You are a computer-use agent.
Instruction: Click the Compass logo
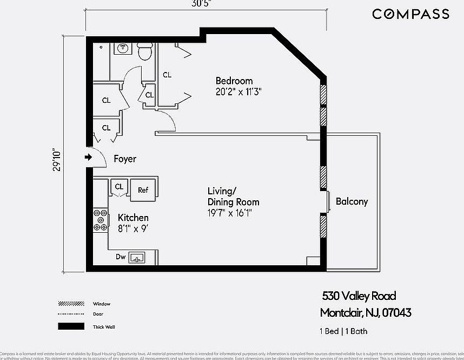tap(410, 14)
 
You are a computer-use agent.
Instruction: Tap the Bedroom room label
tap(234, 81)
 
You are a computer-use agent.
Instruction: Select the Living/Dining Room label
tap(226, 197)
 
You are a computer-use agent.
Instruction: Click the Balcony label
tap(352, 201)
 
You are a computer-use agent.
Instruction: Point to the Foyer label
tap(125, 159)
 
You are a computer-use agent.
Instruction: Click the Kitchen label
tap(133, 218)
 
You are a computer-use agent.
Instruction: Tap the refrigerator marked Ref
tap(143, 190)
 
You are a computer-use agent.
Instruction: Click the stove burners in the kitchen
tap(100, 220)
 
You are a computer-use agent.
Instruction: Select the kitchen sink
tap(137, 258)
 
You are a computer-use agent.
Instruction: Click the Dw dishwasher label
tap(121, 258)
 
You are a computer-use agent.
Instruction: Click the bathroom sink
tap(122, 49)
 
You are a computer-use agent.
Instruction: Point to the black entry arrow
tap(89, 158)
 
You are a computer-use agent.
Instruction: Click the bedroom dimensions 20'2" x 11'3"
tap(238, 92)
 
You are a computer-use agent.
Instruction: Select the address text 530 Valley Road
tap(359, 296)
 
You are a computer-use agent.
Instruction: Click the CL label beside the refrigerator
tap(119, 187)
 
